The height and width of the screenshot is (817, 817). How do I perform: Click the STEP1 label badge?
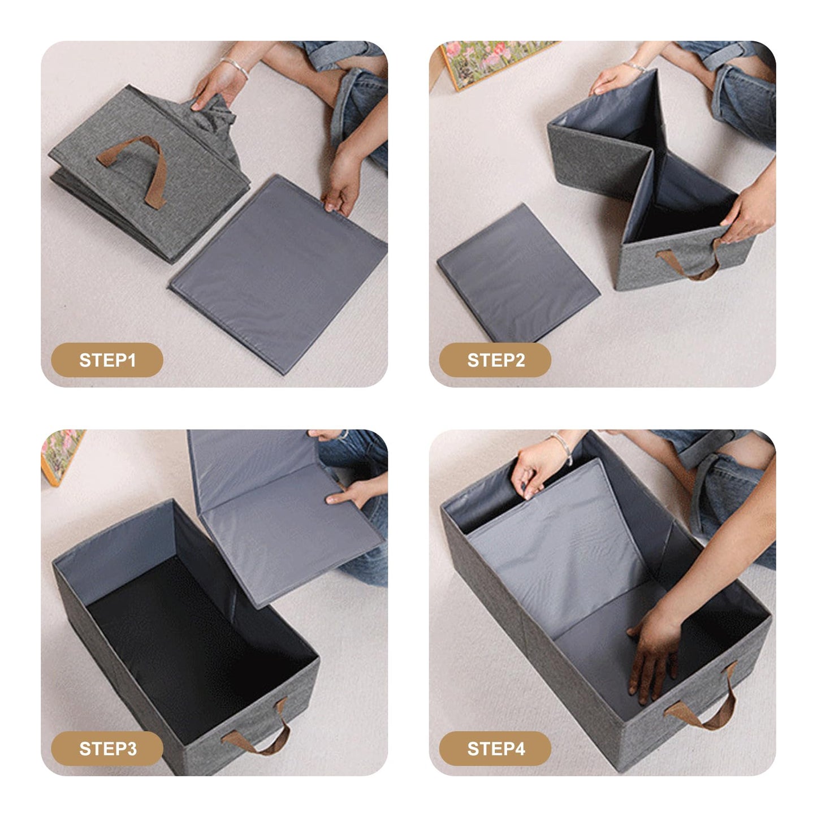(x=107, y=360)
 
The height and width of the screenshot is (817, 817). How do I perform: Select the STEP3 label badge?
(x=107, y=749)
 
